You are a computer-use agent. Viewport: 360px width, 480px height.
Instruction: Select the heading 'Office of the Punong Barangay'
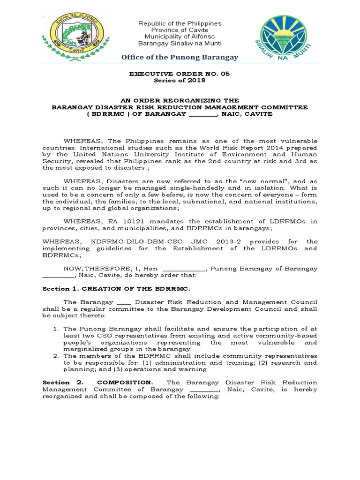[180, 57]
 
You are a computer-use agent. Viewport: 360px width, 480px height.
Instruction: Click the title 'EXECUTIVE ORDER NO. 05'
[180, 74]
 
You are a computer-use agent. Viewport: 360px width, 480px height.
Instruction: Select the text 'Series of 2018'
[180, 81]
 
